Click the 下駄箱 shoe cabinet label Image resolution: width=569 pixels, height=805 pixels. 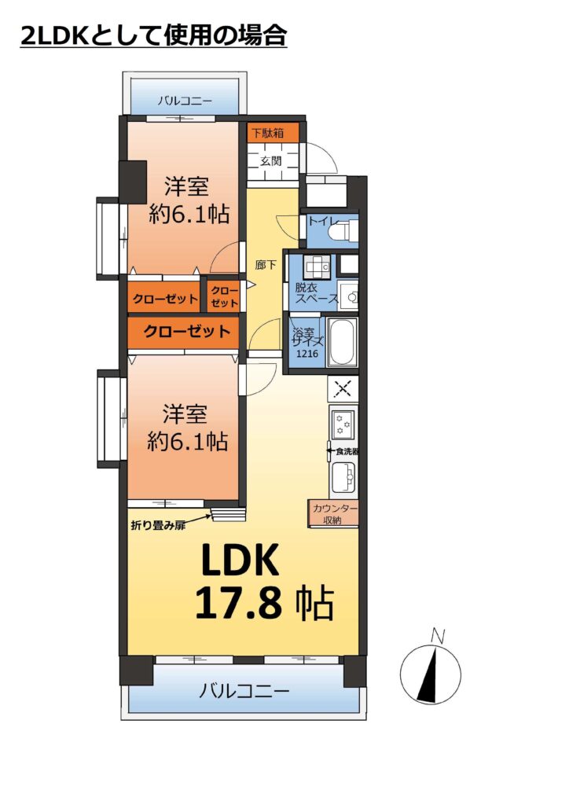(x=267, y=133)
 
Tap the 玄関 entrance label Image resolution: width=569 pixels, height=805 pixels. (x=270, y=161)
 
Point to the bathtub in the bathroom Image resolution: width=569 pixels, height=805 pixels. (x=342, y=342)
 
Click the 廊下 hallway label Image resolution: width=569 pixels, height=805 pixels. (x=266, y=265)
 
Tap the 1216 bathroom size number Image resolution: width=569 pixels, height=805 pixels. (x=307, y=353)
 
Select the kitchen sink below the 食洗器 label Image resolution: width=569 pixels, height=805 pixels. (x=343, y=477)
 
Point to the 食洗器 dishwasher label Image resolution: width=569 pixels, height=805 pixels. (x=347, y=452)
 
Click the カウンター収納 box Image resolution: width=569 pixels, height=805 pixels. (x=333, y=513)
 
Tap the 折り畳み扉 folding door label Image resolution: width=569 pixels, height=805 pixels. (x=158, y=525)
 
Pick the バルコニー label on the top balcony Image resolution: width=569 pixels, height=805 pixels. (x=185, y=101)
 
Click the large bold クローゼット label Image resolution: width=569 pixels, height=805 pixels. (x=187, y=331)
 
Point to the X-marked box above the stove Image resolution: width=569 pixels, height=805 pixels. (x=343, y=389)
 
